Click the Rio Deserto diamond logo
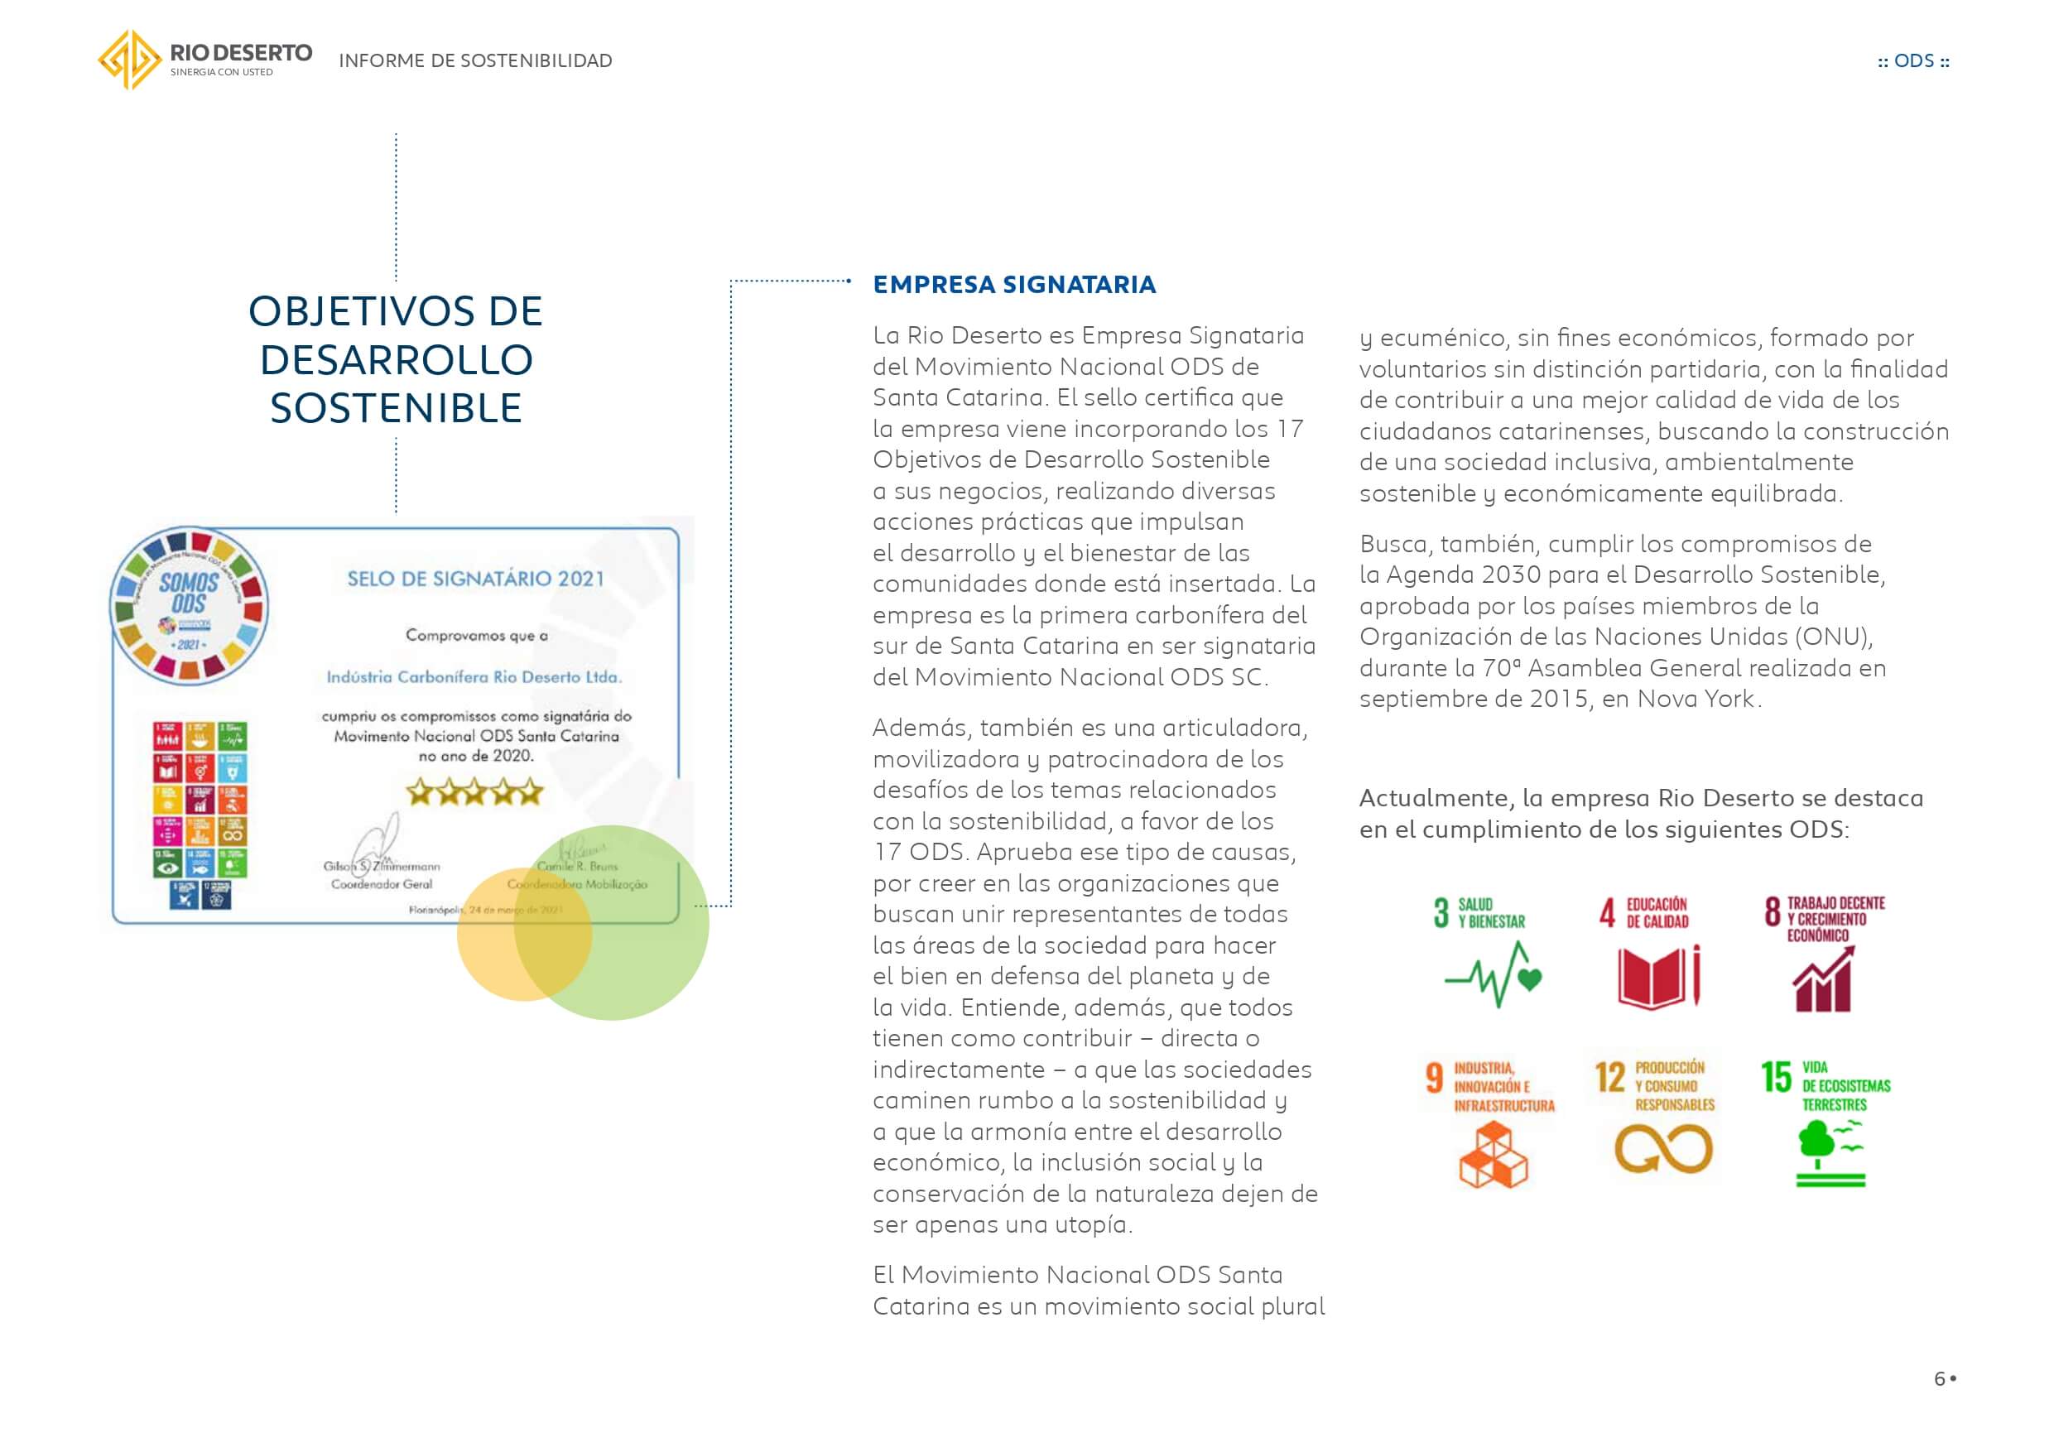pos(130,60)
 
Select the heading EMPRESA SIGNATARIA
pos(1013,285)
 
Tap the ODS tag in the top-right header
pos(1913,60)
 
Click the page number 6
pos(1940,1378)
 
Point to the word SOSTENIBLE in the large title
pos(397,409)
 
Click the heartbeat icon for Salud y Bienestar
pos(1493,976)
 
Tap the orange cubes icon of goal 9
pos(1493,1155)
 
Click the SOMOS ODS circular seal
pos(189,606)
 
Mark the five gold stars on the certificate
pos(474,791)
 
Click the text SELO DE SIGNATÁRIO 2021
pos(475,579)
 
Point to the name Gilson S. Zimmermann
pos(382,866)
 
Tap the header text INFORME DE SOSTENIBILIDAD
pos(475,60)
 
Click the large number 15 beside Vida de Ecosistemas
pos(1776,1077)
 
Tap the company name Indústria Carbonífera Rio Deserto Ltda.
pos(474,677)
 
